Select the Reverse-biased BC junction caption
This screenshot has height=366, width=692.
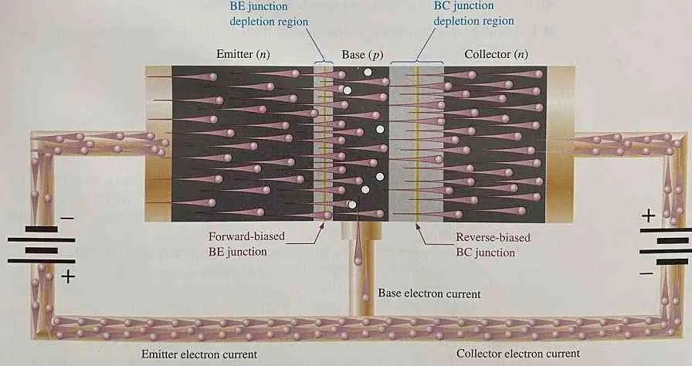(493, 244)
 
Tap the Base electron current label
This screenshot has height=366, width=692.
(429, 294)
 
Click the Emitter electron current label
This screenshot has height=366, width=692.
(191, 354)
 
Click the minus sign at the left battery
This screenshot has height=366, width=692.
(68, 219)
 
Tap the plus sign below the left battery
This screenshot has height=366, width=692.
(68, 276)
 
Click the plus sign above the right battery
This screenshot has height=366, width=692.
(647, 216)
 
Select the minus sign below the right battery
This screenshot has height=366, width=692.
(646, 272)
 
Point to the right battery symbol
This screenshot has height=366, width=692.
(665, 246)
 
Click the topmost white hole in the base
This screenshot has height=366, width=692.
(368, 73)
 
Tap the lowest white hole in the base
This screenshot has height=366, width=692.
(352, 205)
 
